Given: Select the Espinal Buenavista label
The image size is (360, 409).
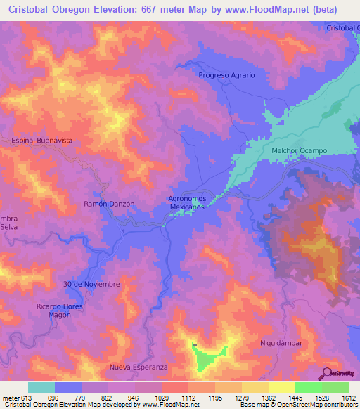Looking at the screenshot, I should click(42, 141).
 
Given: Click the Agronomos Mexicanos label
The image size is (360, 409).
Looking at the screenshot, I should click(186, 203).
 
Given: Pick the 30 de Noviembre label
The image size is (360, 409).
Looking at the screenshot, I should click(91, 284).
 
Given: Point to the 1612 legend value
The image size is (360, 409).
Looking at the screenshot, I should click(347, 398).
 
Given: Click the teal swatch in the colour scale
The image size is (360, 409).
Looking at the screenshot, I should click(41, 387).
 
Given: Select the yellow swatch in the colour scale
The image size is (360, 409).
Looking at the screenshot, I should click(282, 387).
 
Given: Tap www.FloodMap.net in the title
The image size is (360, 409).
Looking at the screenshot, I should click(271, 10).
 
